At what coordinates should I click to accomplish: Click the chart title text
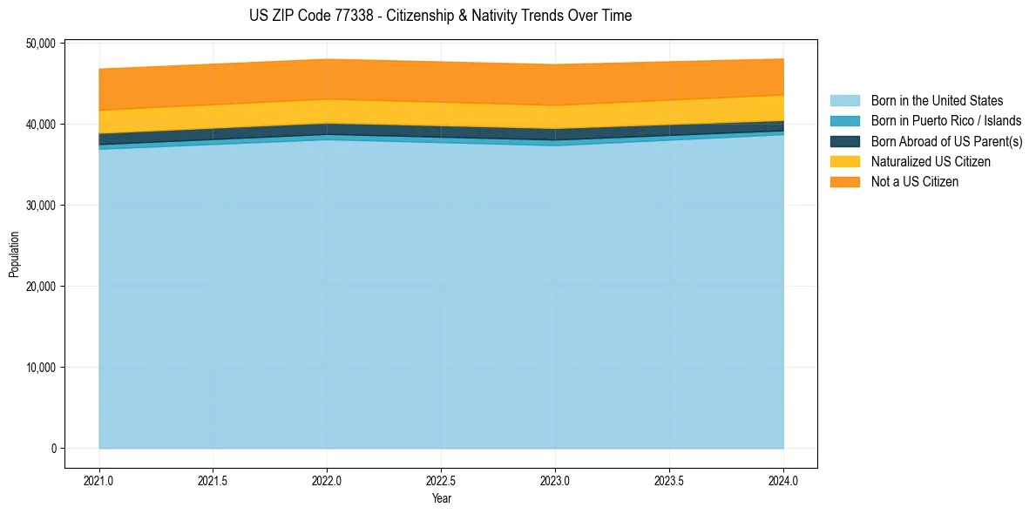[440, 16]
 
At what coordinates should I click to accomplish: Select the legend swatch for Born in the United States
[844, 101]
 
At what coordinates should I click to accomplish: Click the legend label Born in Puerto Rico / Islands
[945, 121]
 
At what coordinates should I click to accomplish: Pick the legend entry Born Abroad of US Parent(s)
[946, 141]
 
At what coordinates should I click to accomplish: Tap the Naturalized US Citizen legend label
[931, 161]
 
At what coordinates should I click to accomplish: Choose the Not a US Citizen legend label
[914, 181]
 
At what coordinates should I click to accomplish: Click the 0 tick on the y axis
[53, 449]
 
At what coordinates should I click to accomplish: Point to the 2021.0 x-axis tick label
[99, 480]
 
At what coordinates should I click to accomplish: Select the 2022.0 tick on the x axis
[327, 480]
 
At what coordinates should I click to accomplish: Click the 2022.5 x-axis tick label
[441, 480]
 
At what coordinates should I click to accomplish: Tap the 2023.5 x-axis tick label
[669, 480]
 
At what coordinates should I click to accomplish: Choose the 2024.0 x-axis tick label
[783, 480]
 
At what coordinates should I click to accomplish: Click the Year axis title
[441, 498]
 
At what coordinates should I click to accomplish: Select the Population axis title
[14, 254]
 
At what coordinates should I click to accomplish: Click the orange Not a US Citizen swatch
[844, 181]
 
